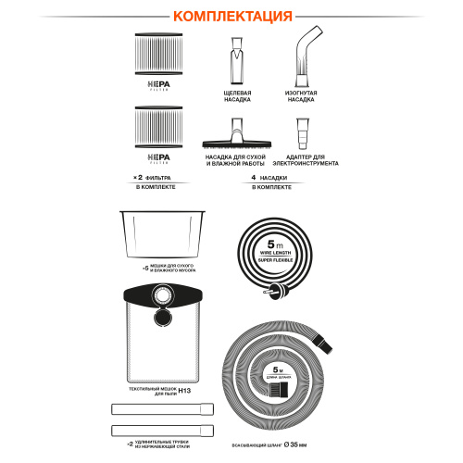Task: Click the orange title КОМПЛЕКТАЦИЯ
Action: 231,16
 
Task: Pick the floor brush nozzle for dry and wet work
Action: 233,133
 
